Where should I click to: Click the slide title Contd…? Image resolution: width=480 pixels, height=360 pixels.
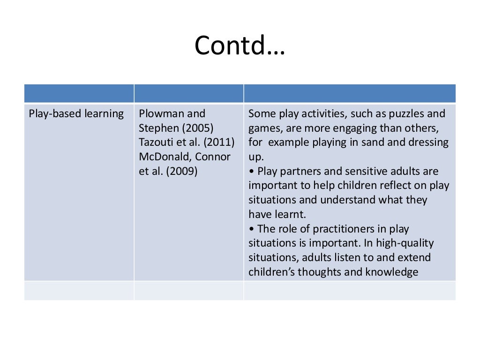[x=240, y=46]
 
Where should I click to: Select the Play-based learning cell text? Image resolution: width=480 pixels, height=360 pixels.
[x=76, y=114]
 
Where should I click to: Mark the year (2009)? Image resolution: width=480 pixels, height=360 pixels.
[x=180, y=171]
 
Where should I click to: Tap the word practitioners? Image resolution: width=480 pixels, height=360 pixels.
[x=337, y=229]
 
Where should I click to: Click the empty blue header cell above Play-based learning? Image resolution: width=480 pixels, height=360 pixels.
[x=79, y=93]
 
